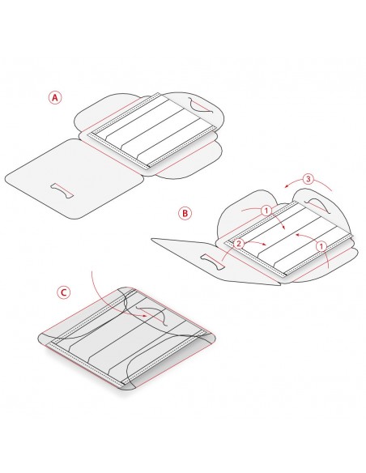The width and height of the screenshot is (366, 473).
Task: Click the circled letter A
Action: (x=55, y=98)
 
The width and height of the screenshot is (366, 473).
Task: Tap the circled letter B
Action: (x=185, y=213)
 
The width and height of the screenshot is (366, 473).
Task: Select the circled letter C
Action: (x=64, y=292)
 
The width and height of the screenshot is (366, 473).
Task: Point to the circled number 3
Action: (x=308, y=179)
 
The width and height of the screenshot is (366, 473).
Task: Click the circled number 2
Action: (x=239, y=244)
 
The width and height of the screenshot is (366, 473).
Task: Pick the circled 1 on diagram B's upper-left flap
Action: (x=266, y=211)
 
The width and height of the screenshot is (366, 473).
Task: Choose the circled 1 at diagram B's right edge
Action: (x=321, y=246)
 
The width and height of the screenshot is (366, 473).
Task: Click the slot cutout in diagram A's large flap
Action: (x=62, y=191)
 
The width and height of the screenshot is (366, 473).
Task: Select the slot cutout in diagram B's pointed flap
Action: (x=212, y=262)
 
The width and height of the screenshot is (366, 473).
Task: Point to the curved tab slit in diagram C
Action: (x=153, y=316)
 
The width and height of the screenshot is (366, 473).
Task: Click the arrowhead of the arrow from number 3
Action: (x=287, y=186)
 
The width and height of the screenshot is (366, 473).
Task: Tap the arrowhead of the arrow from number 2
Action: (x=264, y=244)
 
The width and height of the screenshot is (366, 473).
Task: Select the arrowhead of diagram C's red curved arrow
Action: (x=145, y=316)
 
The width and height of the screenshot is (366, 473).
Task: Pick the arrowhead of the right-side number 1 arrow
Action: (x=297, y=234)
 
